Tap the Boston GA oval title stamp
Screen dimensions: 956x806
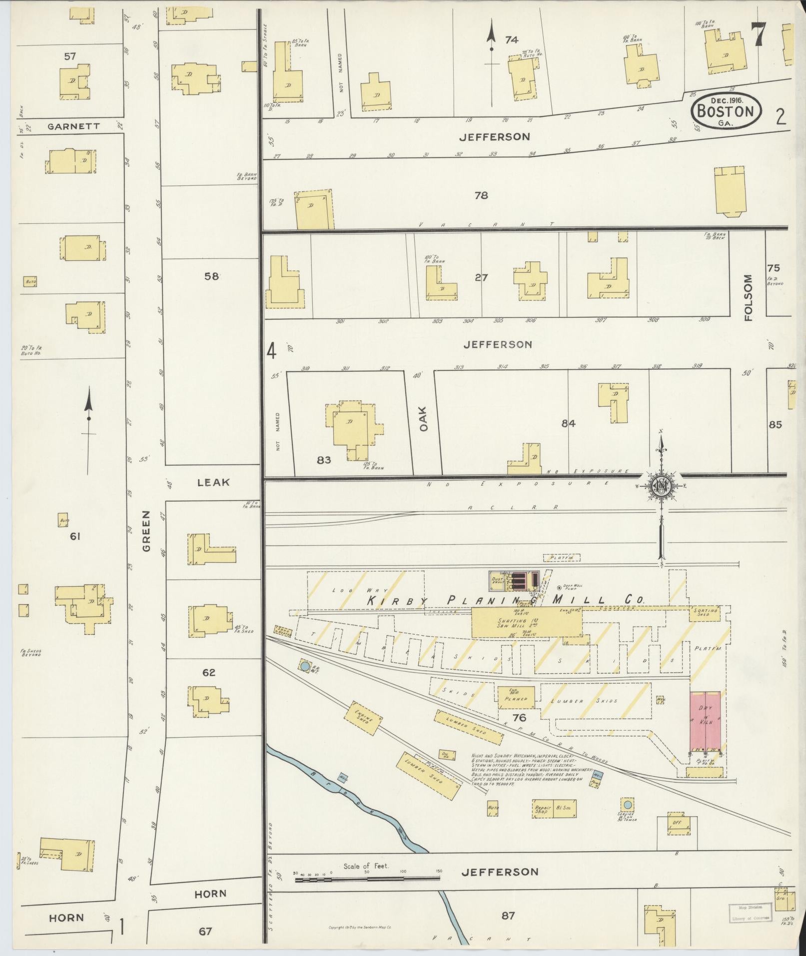726,111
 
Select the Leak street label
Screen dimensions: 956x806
213,482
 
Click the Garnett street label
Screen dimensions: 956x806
73,126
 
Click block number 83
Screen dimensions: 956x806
324,460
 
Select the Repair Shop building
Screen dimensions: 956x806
543,810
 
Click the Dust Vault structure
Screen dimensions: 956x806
498,579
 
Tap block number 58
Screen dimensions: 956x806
211,276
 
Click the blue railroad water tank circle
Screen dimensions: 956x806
304,665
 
